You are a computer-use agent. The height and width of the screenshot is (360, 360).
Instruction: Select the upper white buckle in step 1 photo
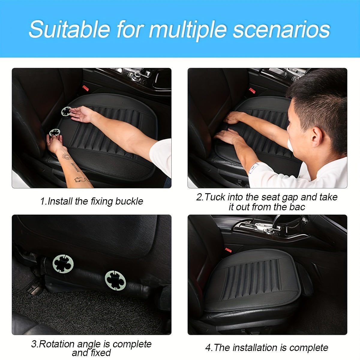(x=66, y=111)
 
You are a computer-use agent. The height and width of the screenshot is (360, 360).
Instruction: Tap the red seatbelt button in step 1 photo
(x=85, y=88)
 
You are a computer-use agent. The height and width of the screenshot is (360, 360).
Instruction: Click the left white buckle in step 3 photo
(x=63, y=264)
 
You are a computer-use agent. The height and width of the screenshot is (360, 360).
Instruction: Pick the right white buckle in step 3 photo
(x=115, y=280)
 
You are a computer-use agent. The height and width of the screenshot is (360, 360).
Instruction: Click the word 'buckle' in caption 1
(x=129, y=201)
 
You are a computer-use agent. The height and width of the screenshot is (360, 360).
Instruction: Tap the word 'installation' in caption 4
(x=255, y=348)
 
